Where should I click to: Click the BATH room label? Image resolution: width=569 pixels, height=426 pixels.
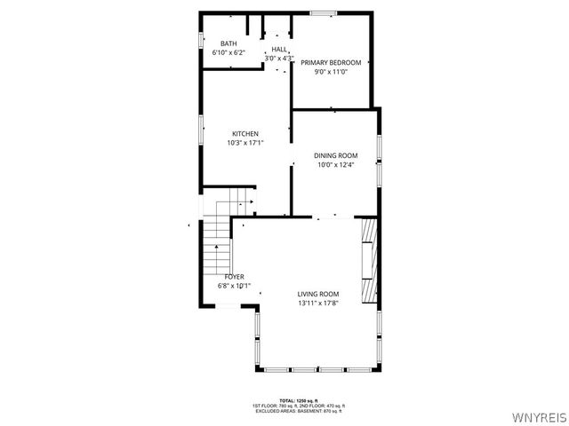pos(228,43)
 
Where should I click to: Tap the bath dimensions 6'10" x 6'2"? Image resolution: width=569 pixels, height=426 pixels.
pos(228,52)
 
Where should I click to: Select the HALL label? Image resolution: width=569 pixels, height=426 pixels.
pos(279,50)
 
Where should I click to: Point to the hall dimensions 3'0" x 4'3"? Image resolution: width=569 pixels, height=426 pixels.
pos(279,59)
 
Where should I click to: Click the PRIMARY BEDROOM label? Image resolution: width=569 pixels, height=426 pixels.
pos(331,62)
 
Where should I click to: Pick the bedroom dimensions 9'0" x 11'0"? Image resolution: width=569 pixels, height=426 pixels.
pos(331,72)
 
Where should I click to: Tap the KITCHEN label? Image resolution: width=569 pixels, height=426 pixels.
pos(245,134)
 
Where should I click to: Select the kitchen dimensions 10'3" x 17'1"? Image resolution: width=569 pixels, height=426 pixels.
pos(245,144)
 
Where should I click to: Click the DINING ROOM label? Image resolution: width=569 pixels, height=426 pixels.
pos(335,155)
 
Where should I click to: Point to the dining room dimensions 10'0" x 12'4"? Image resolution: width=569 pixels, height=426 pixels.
pos(335,164)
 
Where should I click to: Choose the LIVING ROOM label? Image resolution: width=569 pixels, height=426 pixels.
pos(318,294)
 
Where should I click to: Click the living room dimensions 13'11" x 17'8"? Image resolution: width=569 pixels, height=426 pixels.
pos(318,304)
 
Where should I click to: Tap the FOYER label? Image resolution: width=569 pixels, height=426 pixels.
pos(234,277)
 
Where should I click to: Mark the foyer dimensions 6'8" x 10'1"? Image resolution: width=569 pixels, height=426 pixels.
pos(234,287)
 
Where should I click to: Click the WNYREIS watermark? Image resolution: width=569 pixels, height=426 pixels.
pos(539,417)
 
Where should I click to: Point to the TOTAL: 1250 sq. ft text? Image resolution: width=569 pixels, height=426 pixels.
pos(298,400)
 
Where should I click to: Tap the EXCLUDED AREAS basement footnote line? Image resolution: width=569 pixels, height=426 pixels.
pos(298,411)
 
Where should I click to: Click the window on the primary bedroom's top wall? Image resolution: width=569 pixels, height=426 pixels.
pos(323,12)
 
